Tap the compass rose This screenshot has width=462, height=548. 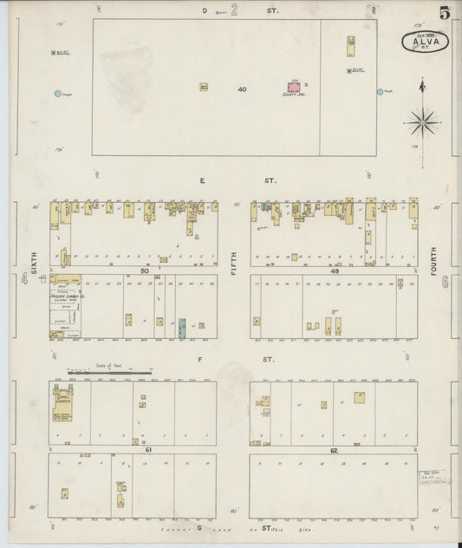[x=422, y=121]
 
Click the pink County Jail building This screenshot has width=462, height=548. [x=295, y=88]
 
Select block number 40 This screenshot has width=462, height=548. [x=242, y=88]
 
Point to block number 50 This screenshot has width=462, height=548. [x=145, y=271]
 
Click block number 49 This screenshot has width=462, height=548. [x=334, y=271]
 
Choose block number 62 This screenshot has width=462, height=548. [x=333, y=450]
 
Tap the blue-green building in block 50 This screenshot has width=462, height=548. [x=182, y=328]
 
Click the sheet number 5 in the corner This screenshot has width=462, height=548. [x=445, y=12]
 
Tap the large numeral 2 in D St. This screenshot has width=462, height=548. [x=234, y=11]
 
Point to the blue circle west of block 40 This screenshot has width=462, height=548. [x=58, y=93]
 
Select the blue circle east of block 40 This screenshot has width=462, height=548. [x=380, y=91]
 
